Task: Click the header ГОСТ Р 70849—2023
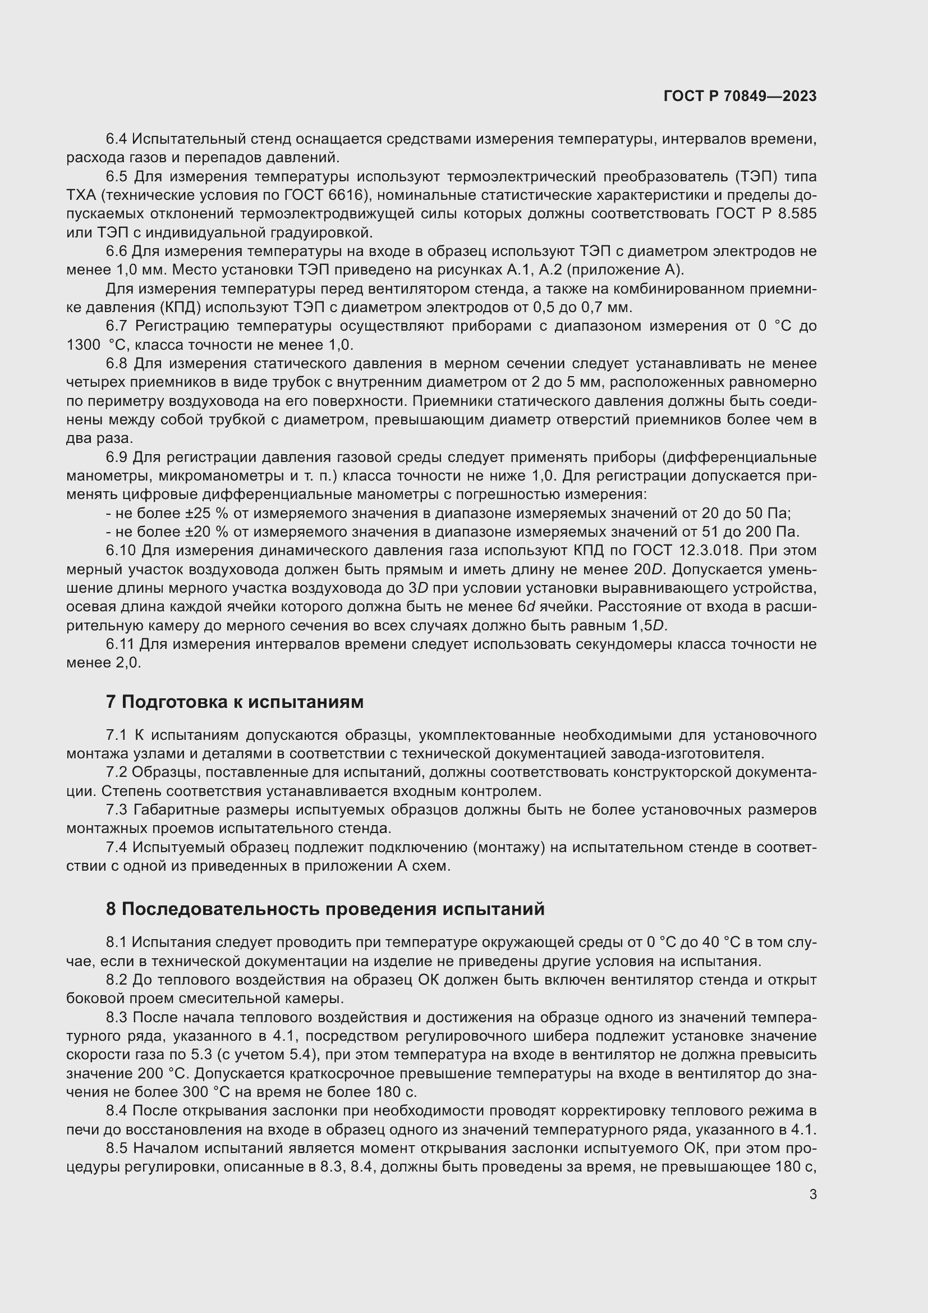point(739,96)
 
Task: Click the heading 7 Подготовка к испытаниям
point(235,702)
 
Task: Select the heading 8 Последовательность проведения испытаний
point(324,909)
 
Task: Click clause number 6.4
point(117,139)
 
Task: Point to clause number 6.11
point(120,644)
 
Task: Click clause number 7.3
point(117,810)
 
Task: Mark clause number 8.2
point(117,980)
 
